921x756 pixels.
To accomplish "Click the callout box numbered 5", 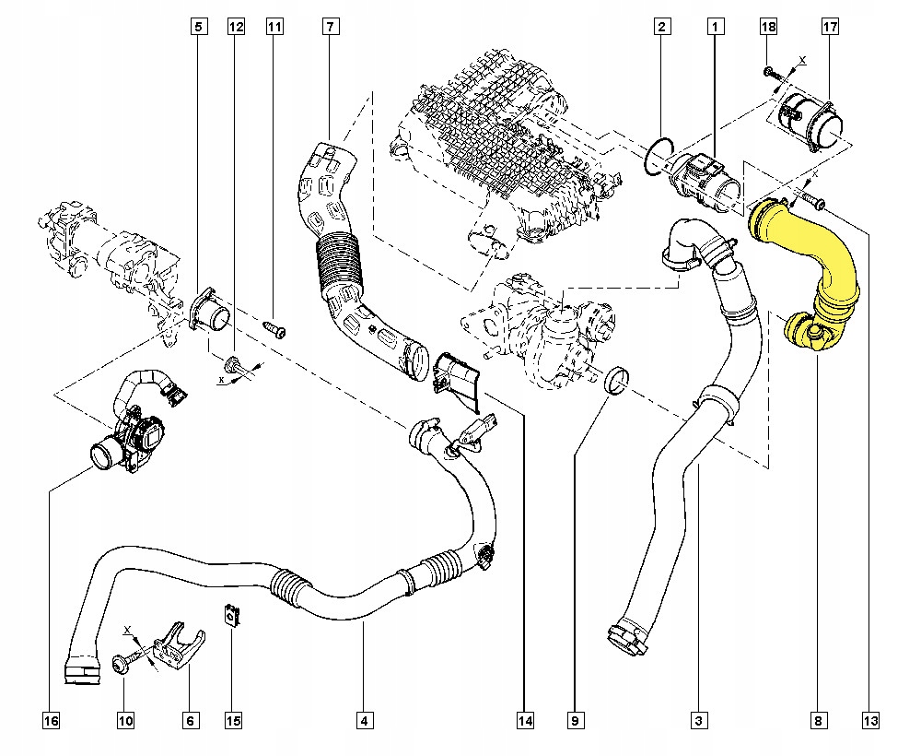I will click(199, 28).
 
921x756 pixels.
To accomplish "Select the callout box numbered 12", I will click(237, 28).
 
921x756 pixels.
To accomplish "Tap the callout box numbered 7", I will click(330, 28).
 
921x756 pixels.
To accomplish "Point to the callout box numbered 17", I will click(829, 28).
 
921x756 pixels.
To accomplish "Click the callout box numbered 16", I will click(51, 720).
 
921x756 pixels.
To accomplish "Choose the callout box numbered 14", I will click(525, 720).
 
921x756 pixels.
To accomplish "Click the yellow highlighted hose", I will click(810, 267).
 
